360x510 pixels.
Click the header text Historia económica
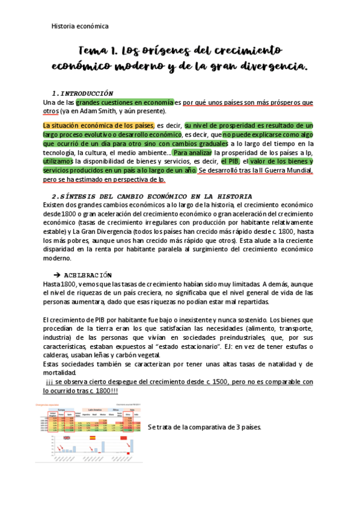pos(80,26)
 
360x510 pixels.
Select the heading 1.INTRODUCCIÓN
pos(83,93)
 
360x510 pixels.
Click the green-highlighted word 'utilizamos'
pos(58,161)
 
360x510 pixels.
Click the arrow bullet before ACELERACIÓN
pos(67,275)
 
